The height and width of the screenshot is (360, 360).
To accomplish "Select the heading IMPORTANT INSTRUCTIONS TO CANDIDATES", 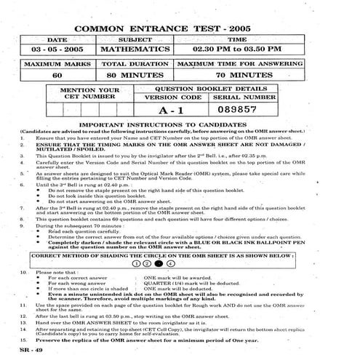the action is [180, 125].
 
